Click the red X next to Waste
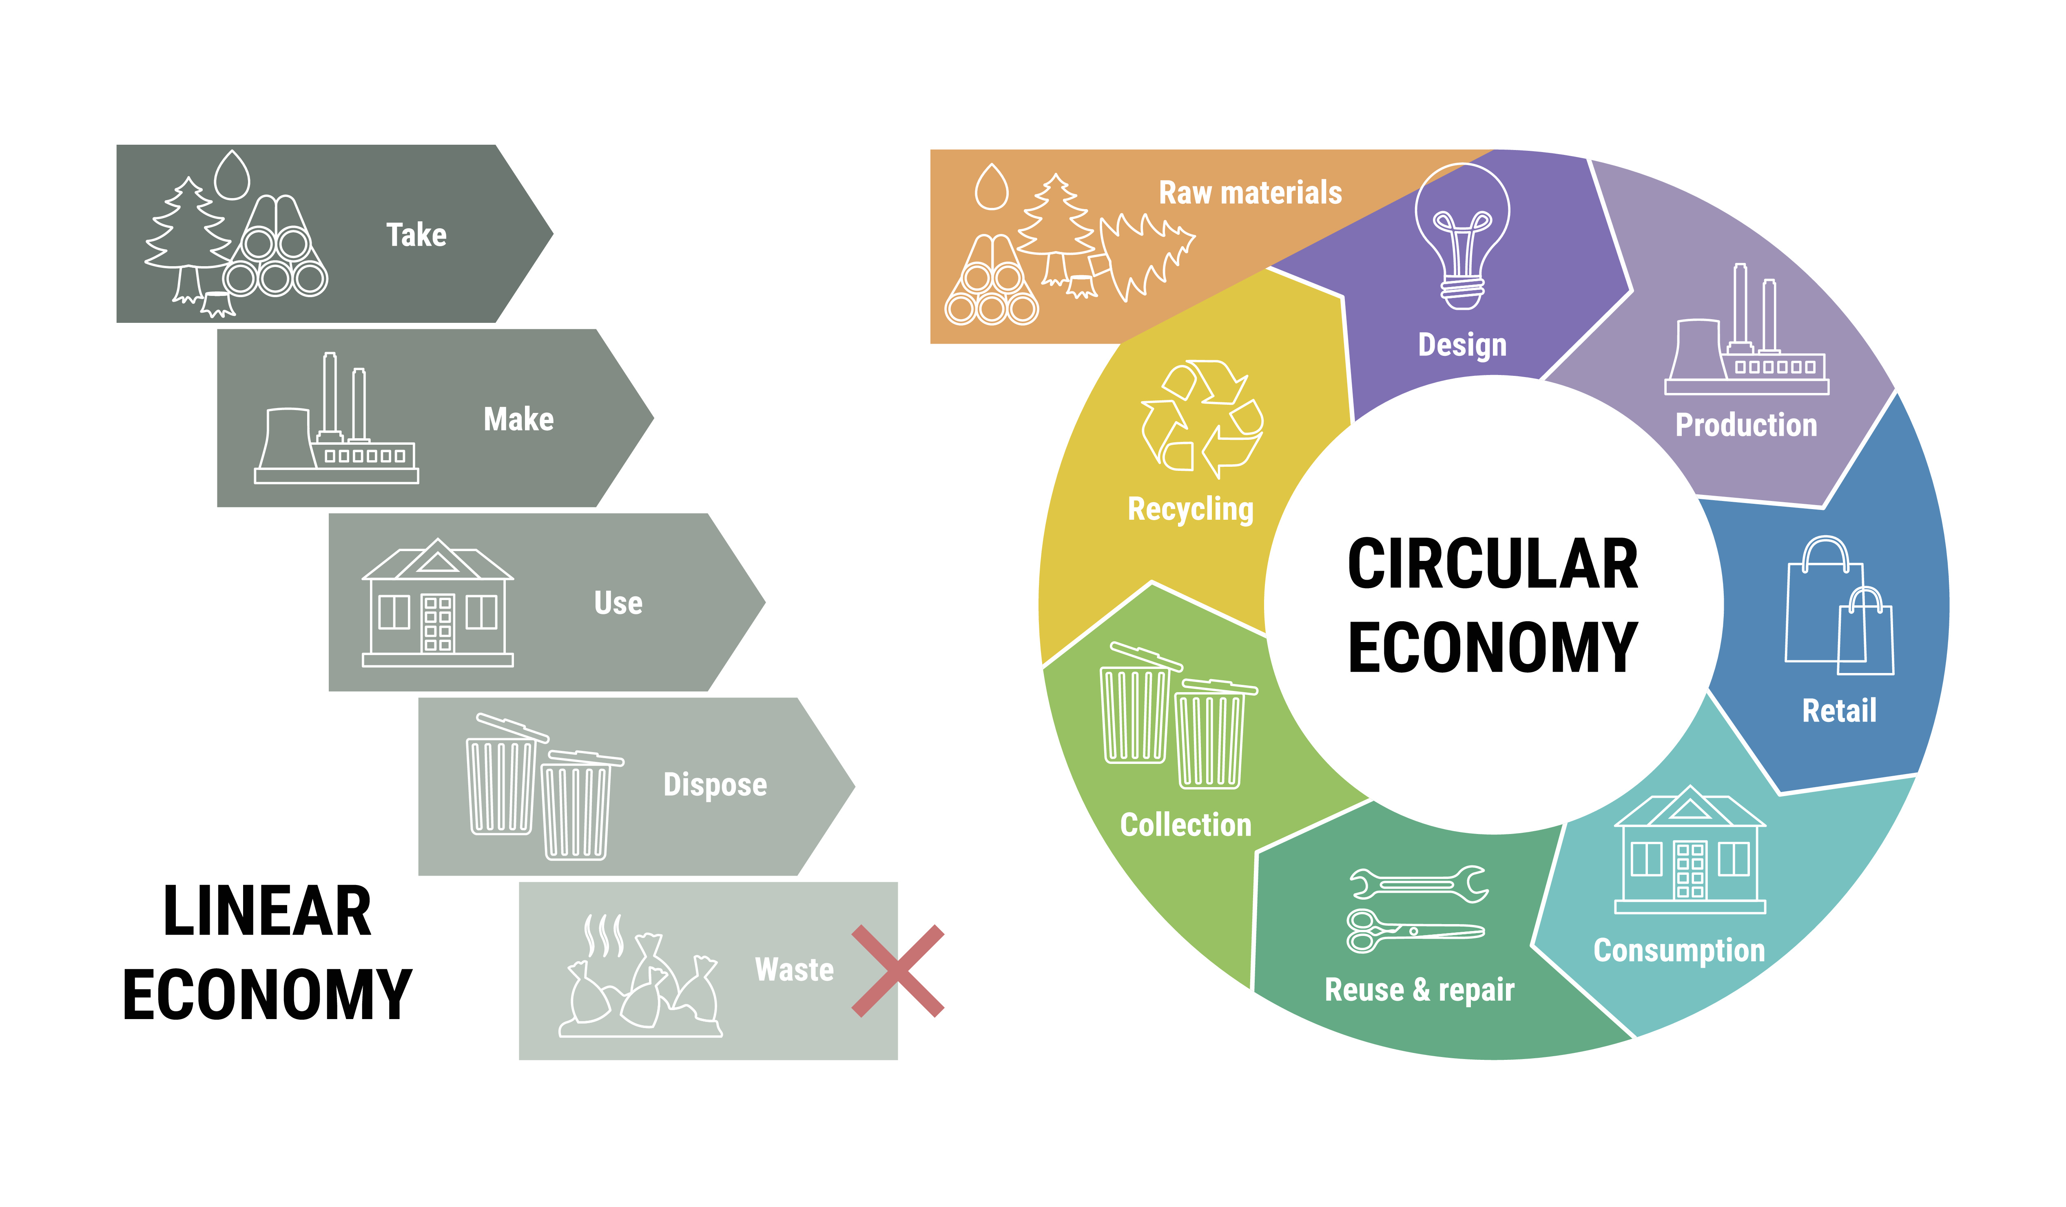(x=898, y=971)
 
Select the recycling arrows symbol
(x=1202, y=419)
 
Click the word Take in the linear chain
(x=416, y=235)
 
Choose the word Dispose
(x=715, y=785)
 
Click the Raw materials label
(x=1250, y=192)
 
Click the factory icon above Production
(x=1746, y=329)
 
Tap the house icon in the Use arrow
(x=438, y=602)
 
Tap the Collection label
(x=1185, y=825)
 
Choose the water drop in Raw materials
(x=991, y=187)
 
